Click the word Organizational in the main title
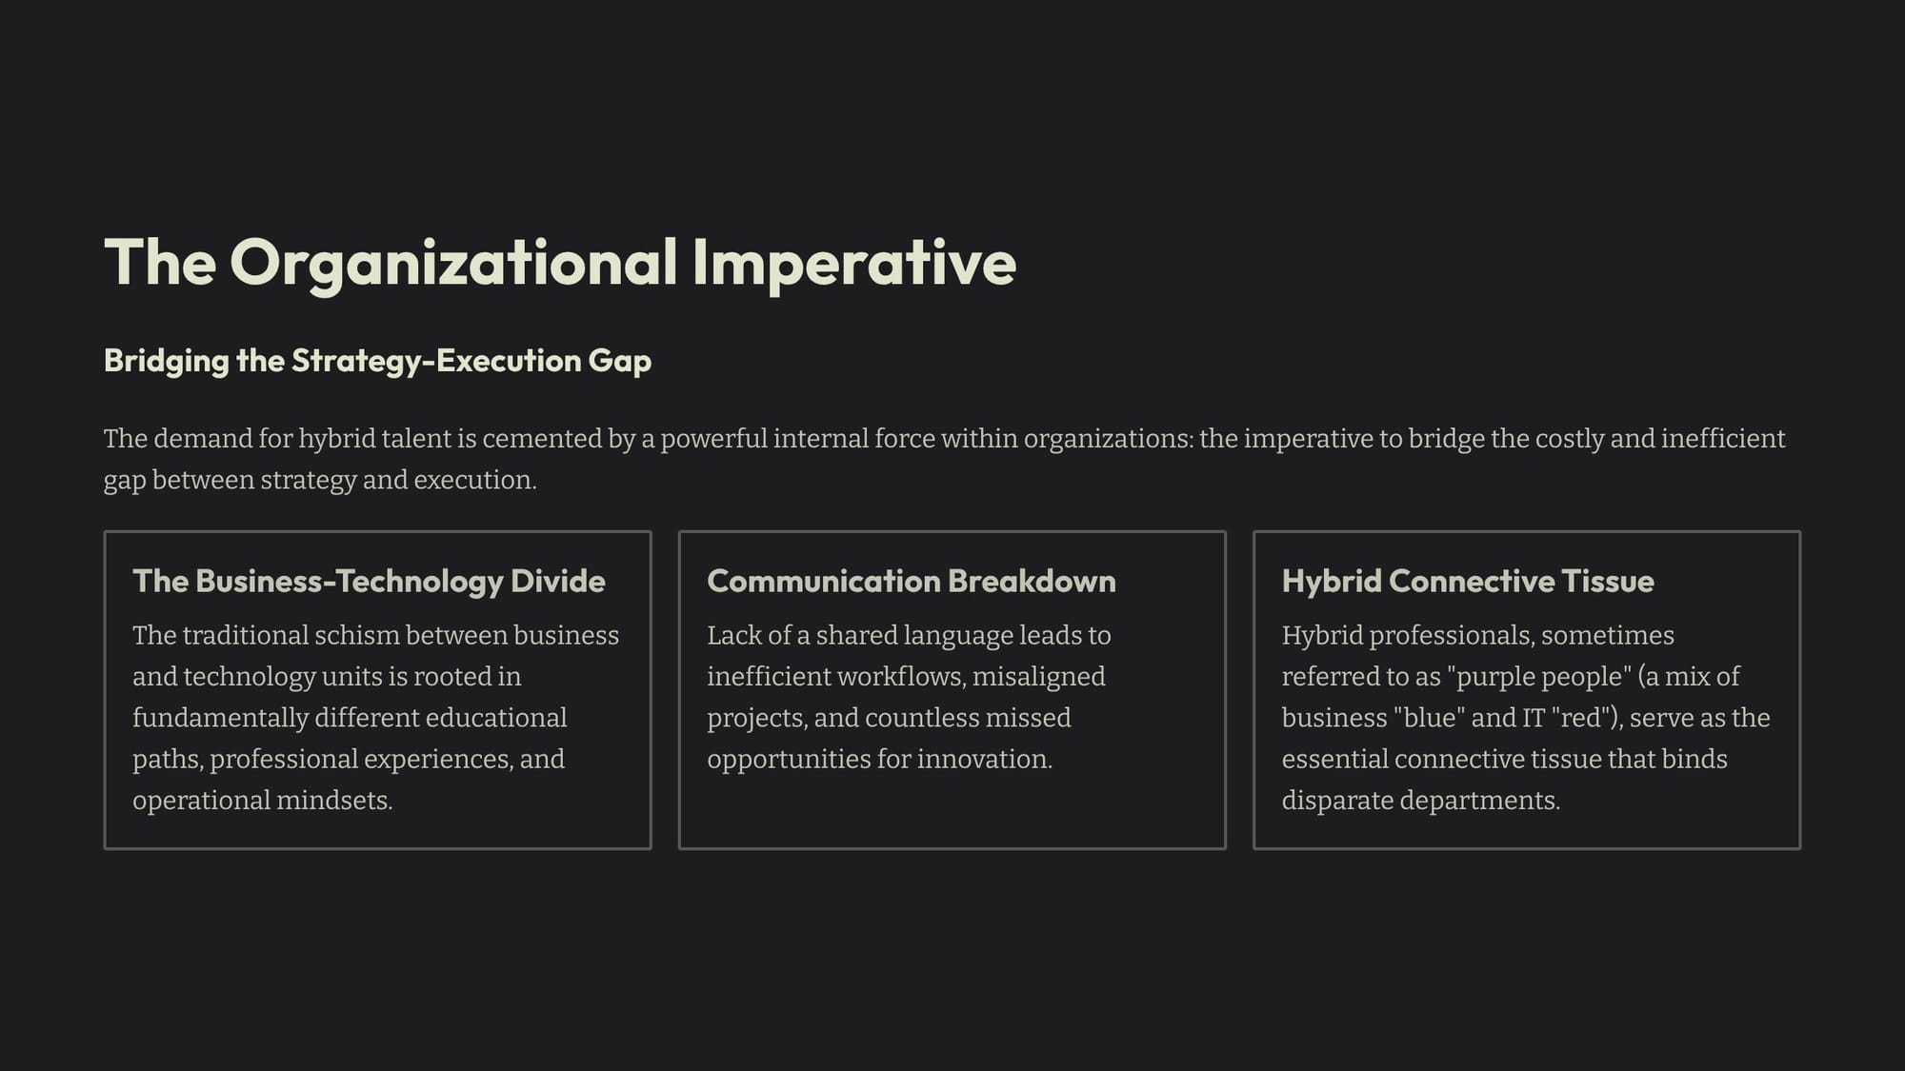tap(453, 264)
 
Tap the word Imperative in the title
tap(854, 264)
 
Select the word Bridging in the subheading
tap(167, 362)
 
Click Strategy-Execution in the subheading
tap(436, 361)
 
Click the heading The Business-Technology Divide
tap(369, 581)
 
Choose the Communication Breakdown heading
tap(912, 581)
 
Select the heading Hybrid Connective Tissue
tap(1468, 581)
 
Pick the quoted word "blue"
tap(1430, 718)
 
